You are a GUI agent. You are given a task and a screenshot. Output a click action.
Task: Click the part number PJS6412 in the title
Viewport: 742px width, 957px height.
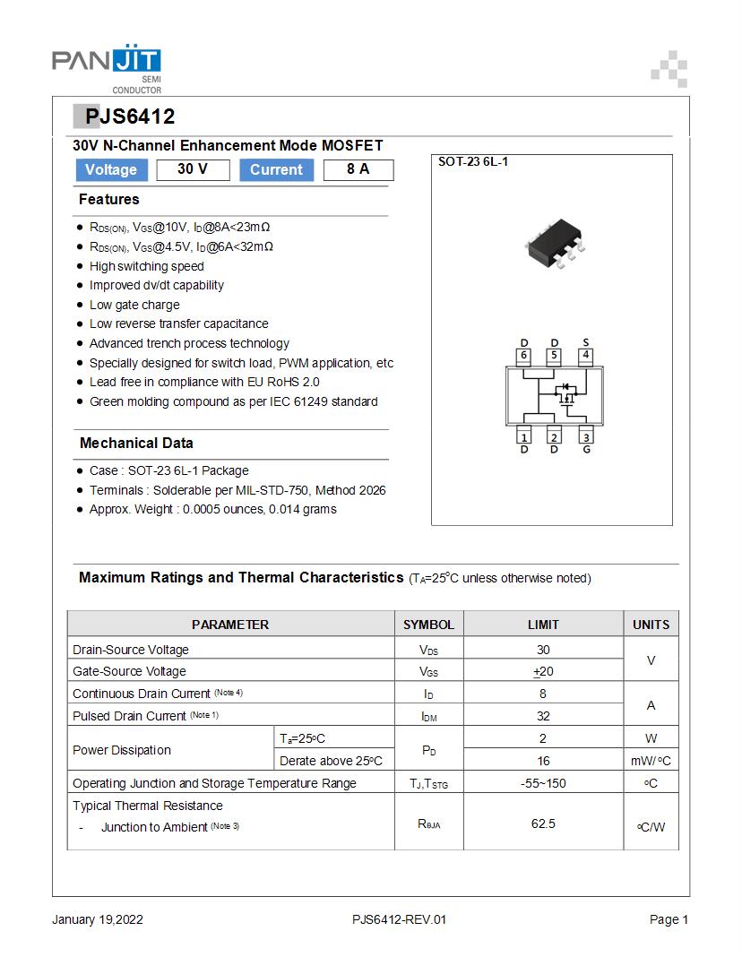coord(130,116)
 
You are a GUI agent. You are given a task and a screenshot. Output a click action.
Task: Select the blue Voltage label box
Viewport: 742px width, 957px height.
coord(111,169)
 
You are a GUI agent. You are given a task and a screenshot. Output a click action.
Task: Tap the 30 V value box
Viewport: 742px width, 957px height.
coord(193,169)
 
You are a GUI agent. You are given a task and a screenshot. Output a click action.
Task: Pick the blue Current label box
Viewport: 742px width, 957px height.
coord(276,169)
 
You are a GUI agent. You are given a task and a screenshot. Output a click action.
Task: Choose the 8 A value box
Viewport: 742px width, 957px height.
coord(358,169)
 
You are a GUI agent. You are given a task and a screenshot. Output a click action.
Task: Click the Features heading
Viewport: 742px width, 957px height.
coord(109,199)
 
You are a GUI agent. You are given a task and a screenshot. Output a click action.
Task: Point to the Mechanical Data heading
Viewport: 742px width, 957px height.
coord(136,443)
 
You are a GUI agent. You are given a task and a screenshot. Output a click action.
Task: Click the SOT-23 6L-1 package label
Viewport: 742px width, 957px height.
coord(473,162)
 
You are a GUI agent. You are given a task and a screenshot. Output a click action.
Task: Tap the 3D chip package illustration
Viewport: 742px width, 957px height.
coord(556,243)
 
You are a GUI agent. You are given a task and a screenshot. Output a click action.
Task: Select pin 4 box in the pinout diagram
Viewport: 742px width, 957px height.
coord(585,355)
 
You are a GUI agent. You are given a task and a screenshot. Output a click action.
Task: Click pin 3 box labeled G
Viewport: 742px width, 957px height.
coord(585,436)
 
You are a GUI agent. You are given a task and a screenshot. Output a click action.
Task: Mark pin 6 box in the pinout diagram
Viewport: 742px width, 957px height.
coord(524,355)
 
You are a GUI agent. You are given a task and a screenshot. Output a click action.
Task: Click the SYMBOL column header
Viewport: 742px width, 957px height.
coord(428,625)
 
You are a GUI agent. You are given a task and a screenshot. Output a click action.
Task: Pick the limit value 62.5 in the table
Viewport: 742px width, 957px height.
coord(543,823)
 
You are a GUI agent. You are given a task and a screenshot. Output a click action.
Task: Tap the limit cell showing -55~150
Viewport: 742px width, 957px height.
coord(543,783)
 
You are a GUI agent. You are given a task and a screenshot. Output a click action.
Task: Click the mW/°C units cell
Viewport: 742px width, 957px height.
coord(651,761)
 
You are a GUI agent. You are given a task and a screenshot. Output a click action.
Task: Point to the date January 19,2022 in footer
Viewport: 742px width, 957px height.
coord(98,919)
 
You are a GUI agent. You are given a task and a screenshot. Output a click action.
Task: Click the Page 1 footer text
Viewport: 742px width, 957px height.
coord(669,919)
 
